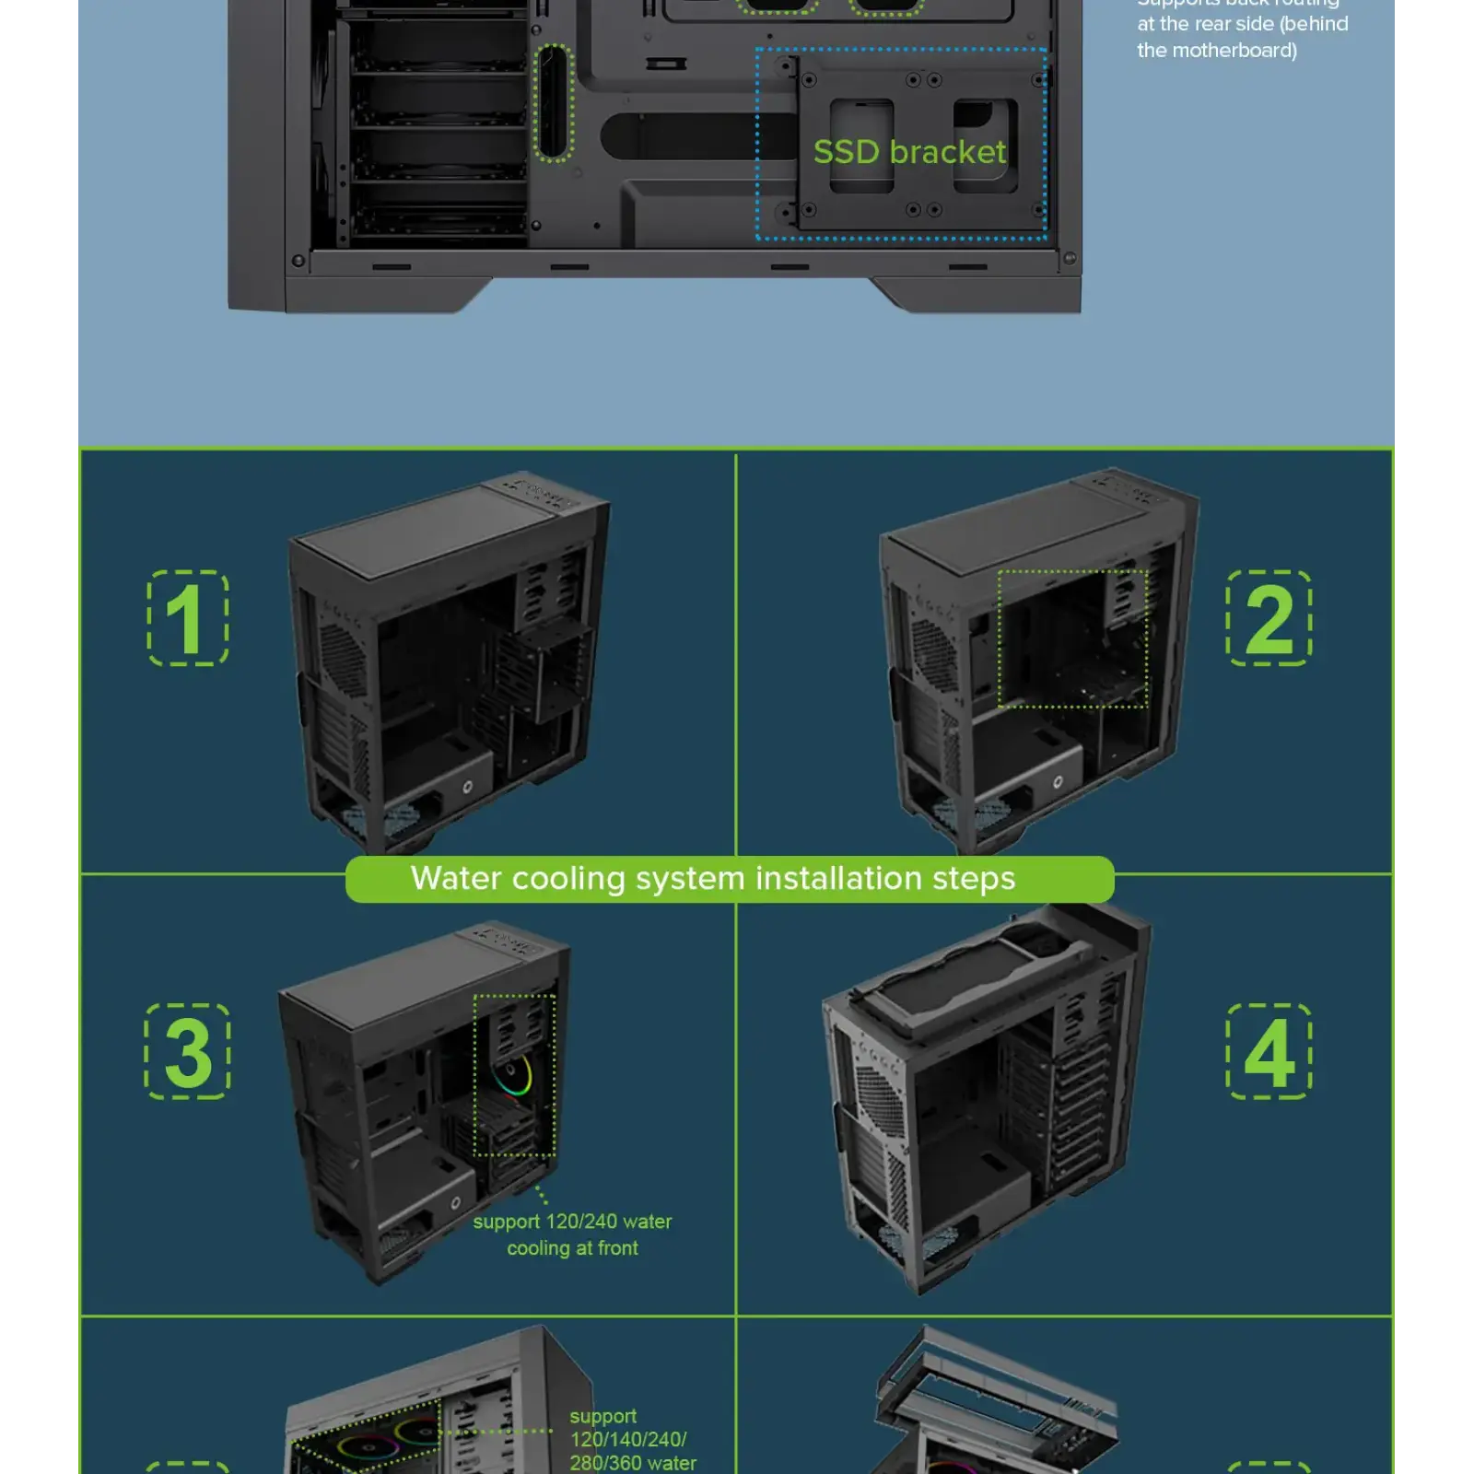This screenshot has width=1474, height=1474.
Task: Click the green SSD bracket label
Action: pyautogui.click(x=909, y=152)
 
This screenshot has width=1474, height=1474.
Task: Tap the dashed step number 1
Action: pyautogui.click(x=188, y=618)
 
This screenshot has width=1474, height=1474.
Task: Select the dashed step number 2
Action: pyautogui.click(x=1269, y=618)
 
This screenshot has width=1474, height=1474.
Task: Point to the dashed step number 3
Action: pyautogui.click(x=188, y=1051)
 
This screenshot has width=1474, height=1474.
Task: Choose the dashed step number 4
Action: pyautogui.click(x=1269, y=1051)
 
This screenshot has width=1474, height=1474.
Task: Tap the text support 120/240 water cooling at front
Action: pyautogui.click(x=572, y=1234)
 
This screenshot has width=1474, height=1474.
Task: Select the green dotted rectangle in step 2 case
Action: pyautogui.click(x=1072, y=638)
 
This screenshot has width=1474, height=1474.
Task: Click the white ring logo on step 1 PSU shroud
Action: pyautogui.click(x=467, y=786)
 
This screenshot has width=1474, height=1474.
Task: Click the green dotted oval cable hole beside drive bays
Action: pyautogui.click(x=554, y=103)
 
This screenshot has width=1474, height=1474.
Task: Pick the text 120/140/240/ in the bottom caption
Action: pyautogui.click(x=627, y=1439)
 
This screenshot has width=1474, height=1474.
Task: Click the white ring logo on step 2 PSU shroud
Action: pyautogui.click(x=1058, y=781)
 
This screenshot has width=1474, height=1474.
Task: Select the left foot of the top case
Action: pyautogui.click(x=387, y=295)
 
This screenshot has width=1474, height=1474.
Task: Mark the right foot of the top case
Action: pyautogui.click(x=977, y=295)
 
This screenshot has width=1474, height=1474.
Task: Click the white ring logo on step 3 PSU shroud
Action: pyautogui.click(x=455, y=1203)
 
